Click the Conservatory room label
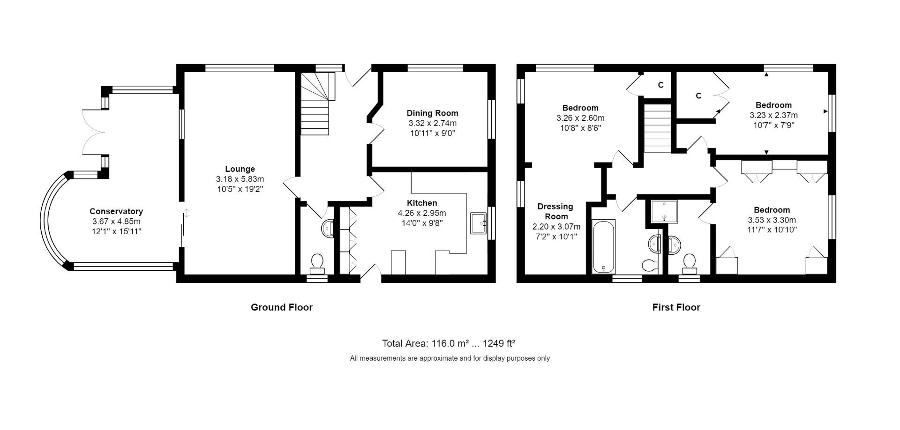(116, 211)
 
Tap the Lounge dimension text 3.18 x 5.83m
(240, 179)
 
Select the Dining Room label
(432, 113)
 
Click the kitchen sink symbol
(479, 223)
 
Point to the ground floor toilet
(317, 264)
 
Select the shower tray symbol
(664, 211)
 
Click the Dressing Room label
(555, 211)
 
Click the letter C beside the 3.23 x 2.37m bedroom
(698, 96)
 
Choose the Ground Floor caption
(281, 307)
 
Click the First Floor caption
(676, 307)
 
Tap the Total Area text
(449, 343)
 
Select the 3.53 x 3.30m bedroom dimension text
(772, 220)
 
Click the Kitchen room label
(422, 203)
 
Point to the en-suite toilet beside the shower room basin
(689, 264)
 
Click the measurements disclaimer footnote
(450, 358)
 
